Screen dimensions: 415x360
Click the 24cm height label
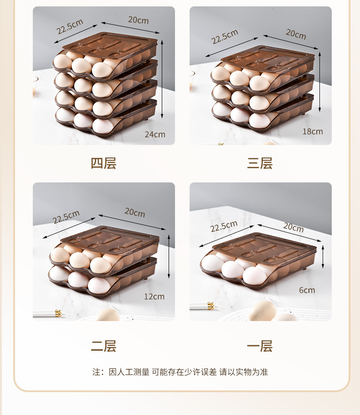155,134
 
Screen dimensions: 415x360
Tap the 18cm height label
312,131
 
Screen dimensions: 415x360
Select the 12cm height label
154,296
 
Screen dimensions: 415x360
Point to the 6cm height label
307,290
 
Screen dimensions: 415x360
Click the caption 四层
103,163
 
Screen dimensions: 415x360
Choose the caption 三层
260,163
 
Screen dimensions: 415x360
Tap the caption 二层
103,346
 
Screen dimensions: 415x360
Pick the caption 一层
260,346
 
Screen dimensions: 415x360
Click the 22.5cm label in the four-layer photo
70,27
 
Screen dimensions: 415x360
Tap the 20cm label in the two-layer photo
134,213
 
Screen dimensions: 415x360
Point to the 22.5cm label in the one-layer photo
224,226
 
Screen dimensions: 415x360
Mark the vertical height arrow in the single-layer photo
323,256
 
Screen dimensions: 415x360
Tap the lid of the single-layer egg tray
264,247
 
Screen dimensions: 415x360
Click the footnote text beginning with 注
180,372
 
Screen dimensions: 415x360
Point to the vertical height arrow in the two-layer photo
169,256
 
